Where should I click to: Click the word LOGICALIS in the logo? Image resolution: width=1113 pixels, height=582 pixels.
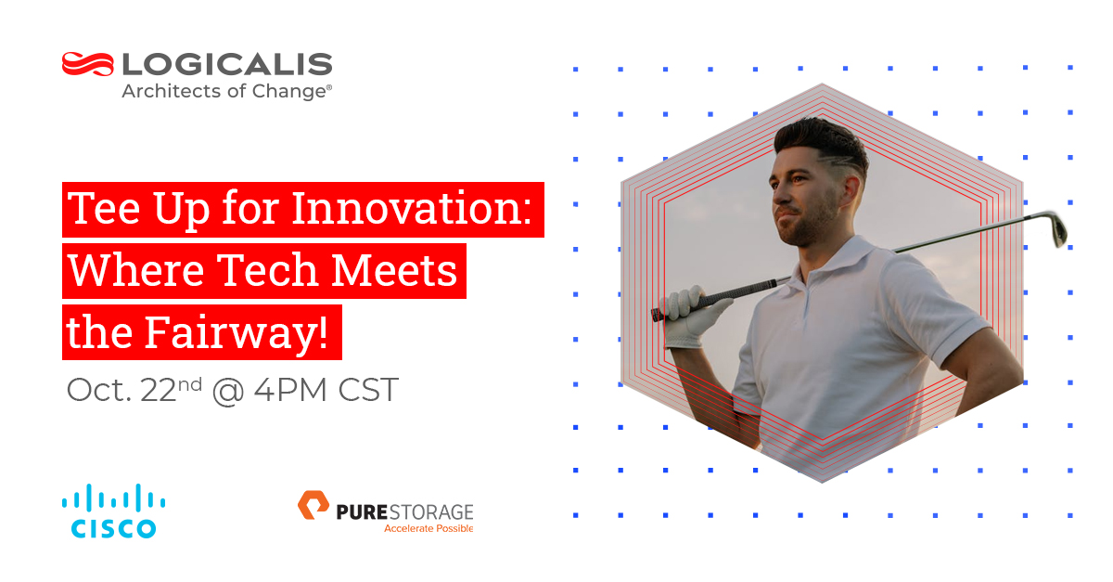(226, 64)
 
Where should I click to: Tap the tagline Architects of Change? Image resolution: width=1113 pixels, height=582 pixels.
(226, 92)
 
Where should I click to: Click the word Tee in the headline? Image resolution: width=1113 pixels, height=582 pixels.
(101, 211)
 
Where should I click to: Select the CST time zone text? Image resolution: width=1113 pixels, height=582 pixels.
(365, 390)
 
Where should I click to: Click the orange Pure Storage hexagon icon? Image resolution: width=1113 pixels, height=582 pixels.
(313, 507)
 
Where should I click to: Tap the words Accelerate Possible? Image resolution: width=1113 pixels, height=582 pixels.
(429, 528)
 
